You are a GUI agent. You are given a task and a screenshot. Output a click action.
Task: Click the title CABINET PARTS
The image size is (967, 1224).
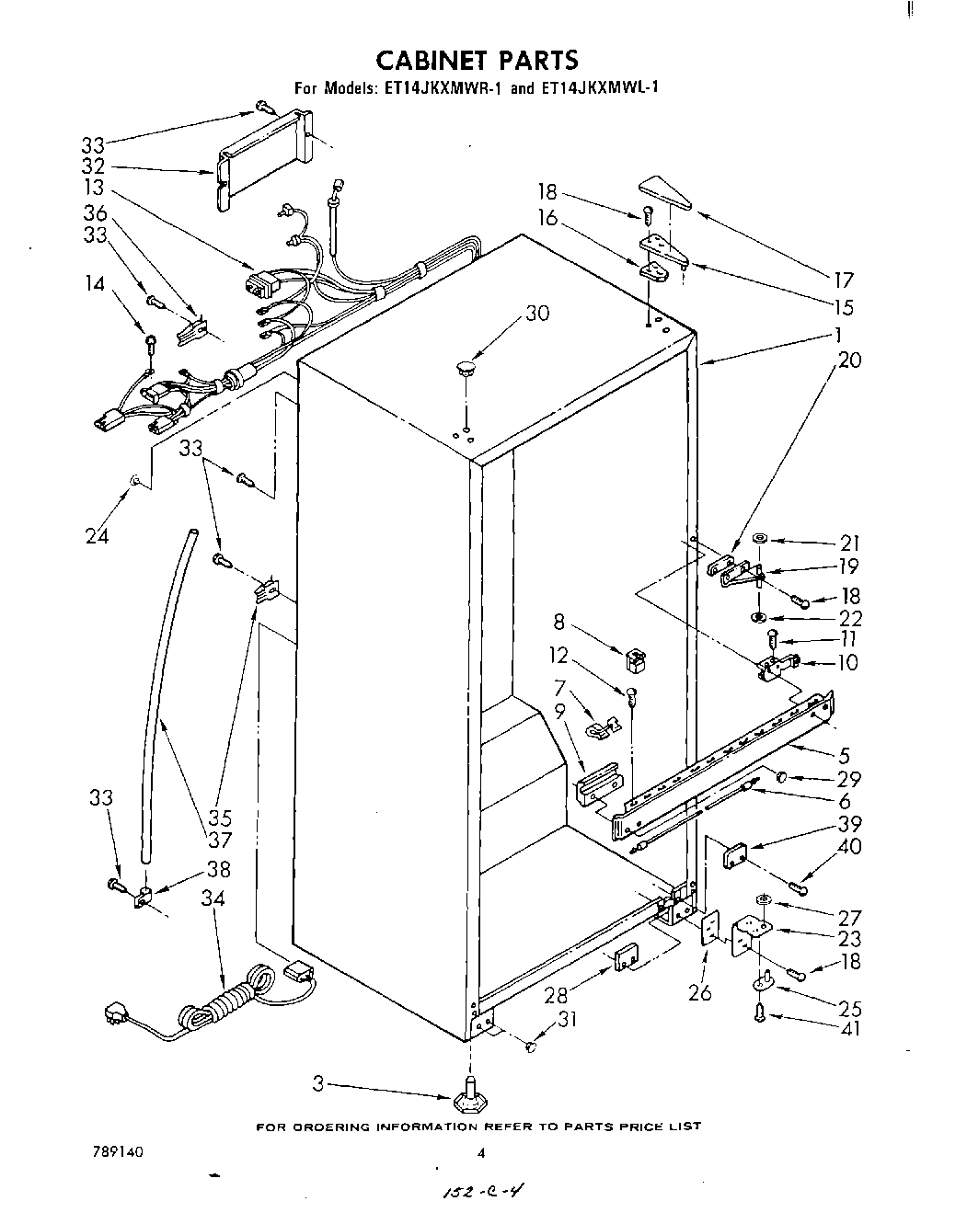478,61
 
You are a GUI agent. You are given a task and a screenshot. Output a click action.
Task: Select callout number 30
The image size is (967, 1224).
536,314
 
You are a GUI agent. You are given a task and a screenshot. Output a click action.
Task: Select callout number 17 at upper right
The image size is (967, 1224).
844,280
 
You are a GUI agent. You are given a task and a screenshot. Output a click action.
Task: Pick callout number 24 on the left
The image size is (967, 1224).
98,535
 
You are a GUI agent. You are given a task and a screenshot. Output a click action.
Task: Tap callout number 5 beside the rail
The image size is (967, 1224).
844,757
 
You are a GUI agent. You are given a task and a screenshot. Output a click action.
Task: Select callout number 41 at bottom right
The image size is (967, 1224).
850,1027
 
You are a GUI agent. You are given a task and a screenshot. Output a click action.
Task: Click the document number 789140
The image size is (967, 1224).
117,1150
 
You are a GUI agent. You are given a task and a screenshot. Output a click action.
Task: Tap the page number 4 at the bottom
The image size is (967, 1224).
480,1151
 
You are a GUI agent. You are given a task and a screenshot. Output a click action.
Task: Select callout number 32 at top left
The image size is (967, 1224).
93,167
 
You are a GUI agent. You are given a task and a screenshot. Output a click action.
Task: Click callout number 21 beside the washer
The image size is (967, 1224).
848,543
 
